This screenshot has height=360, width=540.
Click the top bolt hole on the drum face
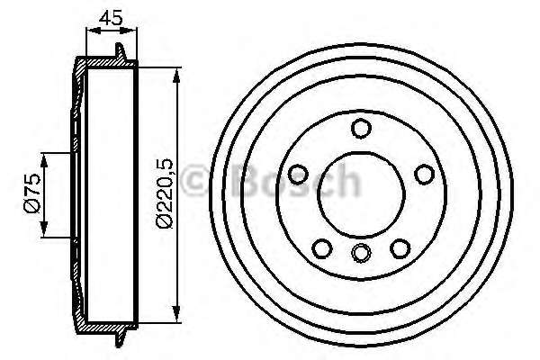(x=360, y=129)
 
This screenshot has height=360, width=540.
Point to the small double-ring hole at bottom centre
(x=360, y=253)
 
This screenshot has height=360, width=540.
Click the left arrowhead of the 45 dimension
(x=88, y=31)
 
